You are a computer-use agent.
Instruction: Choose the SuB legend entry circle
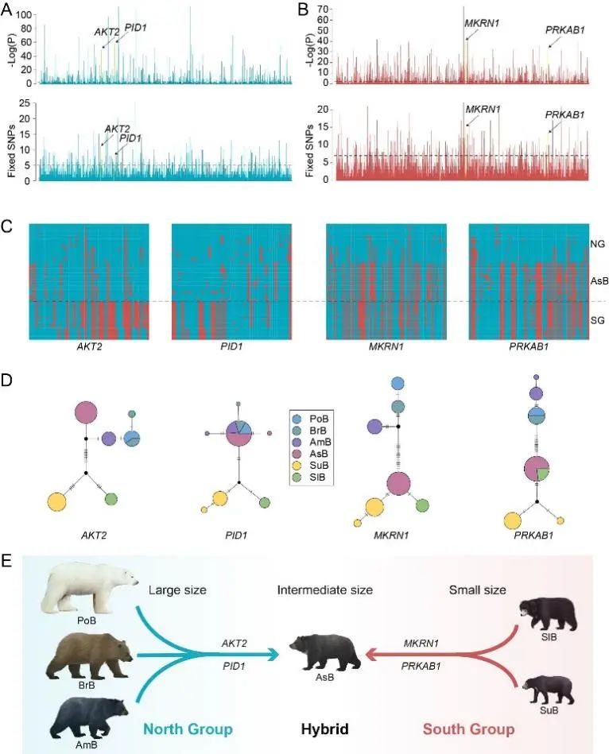(297, 466)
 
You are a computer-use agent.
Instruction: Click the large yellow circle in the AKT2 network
(57, 502)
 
